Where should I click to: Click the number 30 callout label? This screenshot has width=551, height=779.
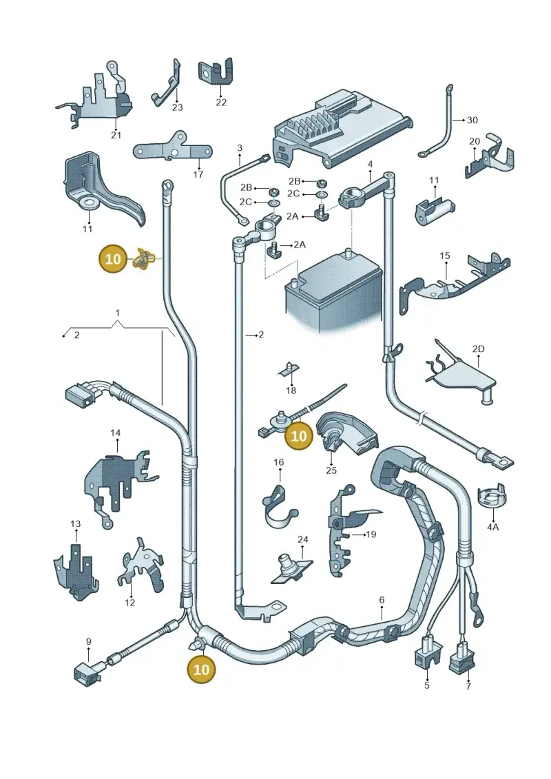[x=472, y=121]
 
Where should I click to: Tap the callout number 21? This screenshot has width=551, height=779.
[x=116, y=135]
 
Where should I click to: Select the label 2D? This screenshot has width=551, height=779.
[x=478, y=349]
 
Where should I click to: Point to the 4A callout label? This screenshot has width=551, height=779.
[x=492, y=527]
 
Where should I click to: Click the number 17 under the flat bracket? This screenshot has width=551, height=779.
[x=198, y=174]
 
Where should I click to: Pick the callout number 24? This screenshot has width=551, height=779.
[x=303, y=539]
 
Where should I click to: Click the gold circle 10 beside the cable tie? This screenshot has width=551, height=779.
[x=299, y=436]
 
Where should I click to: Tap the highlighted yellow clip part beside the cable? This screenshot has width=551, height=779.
[x=144, y=259]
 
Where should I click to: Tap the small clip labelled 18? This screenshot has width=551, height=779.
[x=290, y=368]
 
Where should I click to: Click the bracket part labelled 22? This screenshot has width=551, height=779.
[x=216, y=73]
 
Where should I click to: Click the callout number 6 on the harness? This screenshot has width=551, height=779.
[x=382, y=600]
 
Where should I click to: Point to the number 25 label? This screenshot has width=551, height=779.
[x=331, y=470]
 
